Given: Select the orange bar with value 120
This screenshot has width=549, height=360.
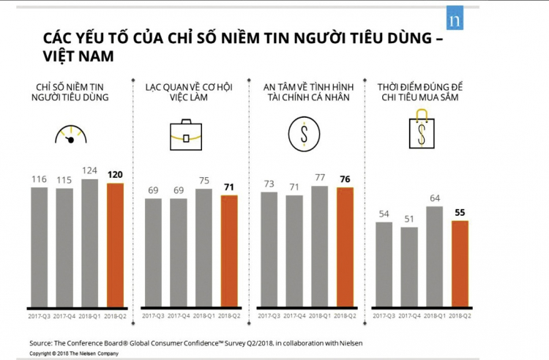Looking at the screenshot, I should point(114,245).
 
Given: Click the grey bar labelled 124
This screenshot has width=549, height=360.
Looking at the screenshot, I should point(90,243).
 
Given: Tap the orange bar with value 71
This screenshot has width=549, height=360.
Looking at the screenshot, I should point(229,251).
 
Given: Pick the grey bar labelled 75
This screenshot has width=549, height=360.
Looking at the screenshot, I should point(204,248).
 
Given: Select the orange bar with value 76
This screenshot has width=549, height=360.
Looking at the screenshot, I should point(344,247).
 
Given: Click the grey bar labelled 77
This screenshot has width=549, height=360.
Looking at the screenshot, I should point(319,247).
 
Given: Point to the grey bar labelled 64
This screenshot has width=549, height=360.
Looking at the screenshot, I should point(434,256).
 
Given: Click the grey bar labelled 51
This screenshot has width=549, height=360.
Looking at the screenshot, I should point(410,267).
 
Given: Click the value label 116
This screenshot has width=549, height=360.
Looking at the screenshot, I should point(39,179).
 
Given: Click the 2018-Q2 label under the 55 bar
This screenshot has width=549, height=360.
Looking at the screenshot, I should point(459,315).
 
